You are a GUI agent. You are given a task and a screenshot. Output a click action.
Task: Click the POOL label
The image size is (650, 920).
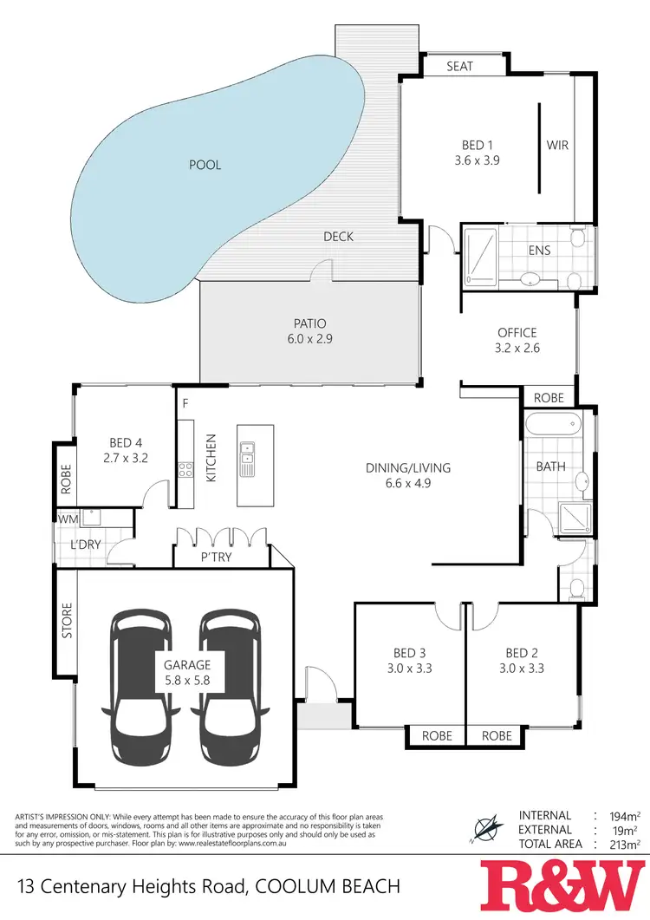[x=205, y=165]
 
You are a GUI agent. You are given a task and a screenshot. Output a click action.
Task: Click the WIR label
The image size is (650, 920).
[x=558, y=146]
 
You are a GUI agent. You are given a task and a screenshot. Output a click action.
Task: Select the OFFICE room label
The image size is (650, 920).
[x=517, y=333]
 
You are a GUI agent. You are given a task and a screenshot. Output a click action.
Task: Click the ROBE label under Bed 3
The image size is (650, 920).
[x=437, y=735]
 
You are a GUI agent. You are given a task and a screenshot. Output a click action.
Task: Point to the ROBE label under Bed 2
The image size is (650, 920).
[x=497, y=735]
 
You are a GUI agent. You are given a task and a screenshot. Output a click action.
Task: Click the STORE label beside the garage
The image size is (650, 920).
[x=66, y=621]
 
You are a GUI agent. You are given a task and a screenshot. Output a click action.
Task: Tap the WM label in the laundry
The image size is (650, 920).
[x=68, y=519]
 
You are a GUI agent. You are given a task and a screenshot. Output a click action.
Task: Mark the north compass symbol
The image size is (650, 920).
[x=485, y=827]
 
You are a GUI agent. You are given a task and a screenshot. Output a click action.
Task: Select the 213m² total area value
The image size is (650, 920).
[x=623, y=844]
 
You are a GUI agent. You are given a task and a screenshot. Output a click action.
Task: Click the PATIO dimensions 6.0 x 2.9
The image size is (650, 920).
[x=309, y=340]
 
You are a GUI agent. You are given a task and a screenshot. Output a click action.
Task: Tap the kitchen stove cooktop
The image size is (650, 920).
[x=185, y=469]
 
